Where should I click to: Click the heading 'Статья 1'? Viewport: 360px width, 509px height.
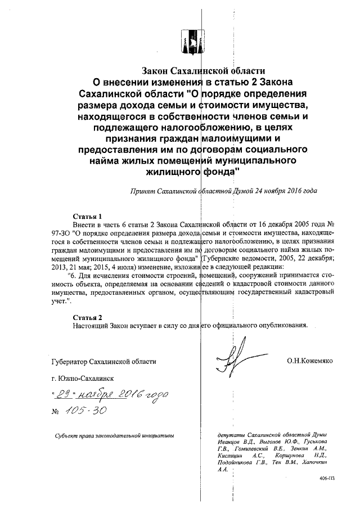pos(87,216)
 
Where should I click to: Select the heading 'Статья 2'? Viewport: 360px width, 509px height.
pos(87,317)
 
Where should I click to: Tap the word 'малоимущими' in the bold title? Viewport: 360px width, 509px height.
pos(232,139)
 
